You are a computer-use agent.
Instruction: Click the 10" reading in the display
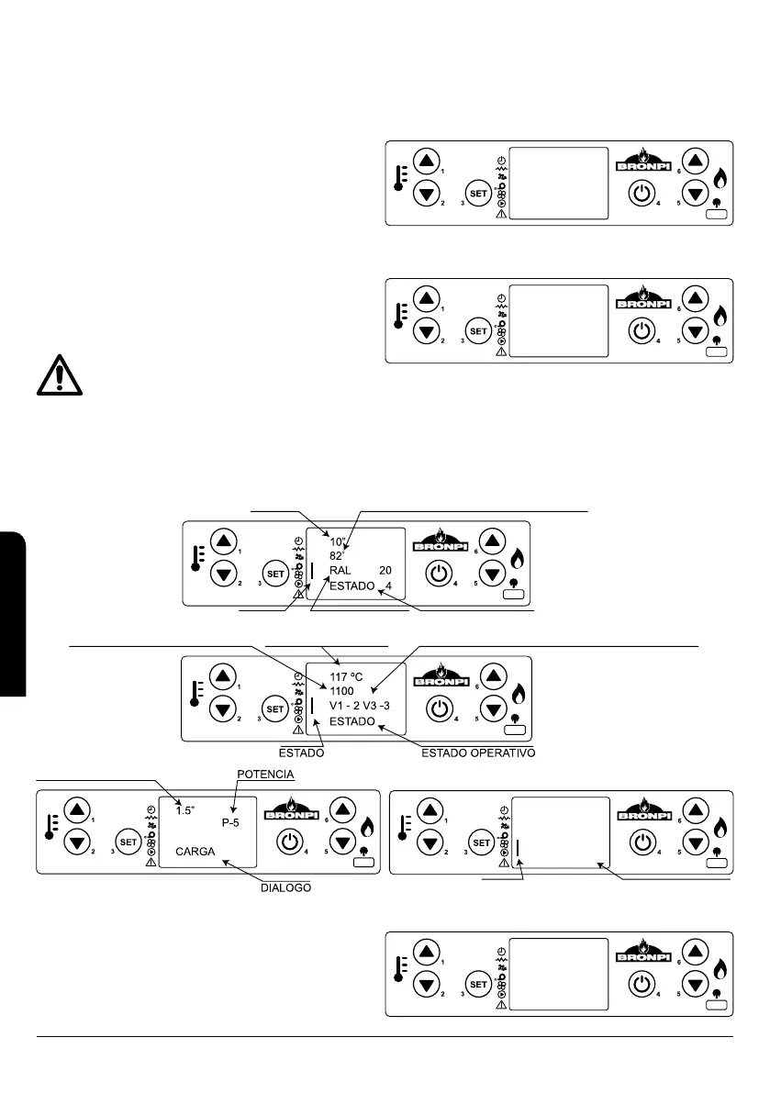click(x=339, y=541)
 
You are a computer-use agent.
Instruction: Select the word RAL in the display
click(x=341, y=570)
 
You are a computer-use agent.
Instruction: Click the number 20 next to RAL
click(x=385, y=570)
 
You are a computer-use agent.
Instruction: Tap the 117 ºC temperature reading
click(x=348, y=677)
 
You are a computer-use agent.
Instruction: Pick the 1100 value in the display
click(x=342, y=692)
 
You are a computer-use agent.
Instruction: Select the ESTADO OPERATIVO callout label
click(x=477, y=753)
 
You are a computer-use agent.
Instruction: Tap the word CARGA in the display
click(x=195, y=852)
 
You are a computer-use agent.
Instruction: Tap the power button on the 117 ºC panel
click(x=440, y=708)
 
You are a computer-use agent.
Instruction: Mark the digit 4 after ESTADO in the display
click(x=389, y=585)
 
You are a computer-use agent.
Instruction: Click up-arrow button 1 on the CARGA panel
click(x=76, y=809)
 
